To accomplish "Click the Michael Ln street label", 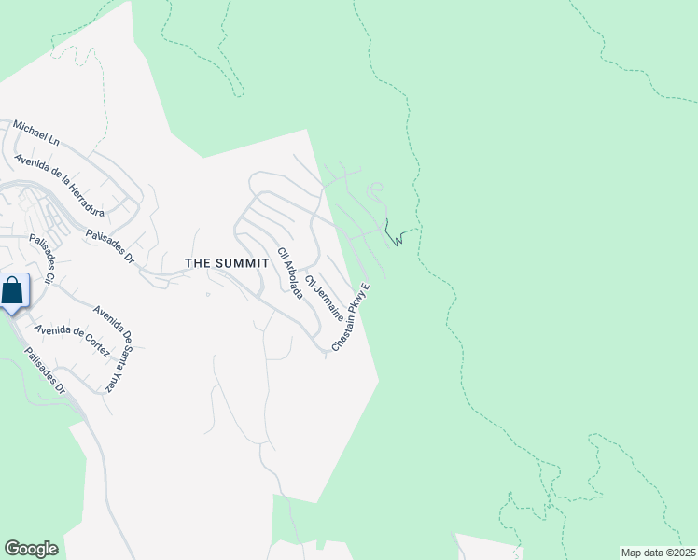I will (35, 133).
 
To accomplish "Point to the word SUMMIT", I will (243, 264).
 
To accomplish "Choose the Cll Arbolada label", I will (290, 273).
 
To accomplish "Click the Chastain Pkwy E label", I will (351, 317).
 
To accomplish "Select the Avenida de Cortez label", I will (72, 342).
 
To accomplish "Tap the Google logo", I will (31, 549).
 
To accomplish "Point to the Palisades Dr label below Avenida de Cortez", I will (45, 371).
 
